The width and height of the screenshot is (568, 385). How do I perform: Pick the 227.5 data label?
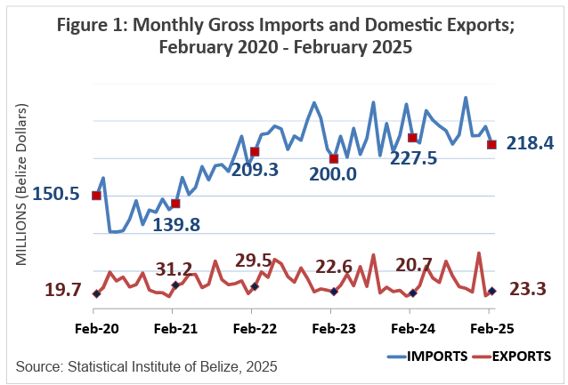click(x=412, y=156)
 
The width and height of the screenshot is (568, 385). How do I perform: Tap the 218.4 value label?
click(x=530, y=142)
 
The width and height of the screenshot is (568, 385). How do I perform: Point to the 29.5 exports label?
click(x=253, y=260)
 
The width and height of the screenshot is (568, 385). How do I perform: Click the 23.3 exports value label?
click(x=529, y=288)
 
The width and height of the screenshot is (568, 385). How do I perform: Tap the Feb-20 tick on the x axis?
click(x=94, y=328)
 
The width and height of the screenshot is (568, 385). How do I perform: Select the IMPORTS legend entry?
click(x=431, y=357)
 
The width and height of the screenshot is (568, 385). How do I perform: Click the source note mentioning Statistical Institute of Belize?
click(x=147, y=365)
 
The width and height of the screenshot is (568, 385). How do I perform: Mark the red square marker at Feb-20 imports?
click(x=96, y=196)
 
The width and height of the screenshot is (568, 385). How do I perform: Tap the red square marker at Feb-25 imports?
click(x=491, y=144)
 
